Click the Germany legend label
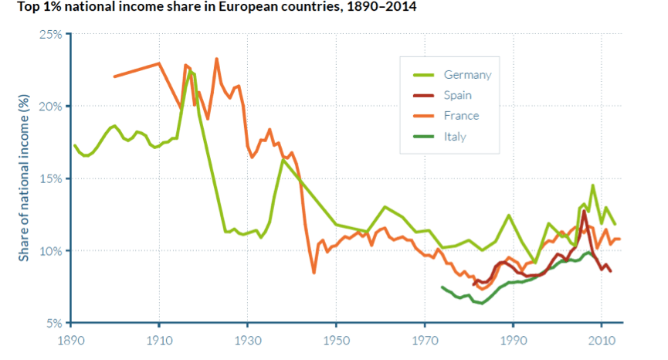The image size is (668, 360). (x=467, y=75)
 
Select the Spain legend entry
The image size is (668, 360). (x=457, y=96)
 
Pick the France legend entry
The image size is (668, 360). (x=461, y=116)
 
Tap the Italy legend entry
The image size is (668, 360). (x=455, y=137)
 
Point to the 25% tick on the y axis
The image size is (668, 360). (x=51, y=35)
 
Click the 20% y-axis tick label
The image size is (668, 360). (x=51, y=107)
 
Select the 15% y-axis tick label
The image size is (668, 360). (x=51, y=178)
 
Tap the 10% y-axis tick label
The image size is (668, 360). (x=51, y=251)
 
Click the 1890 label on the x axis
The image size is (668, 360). (x=71, y=341)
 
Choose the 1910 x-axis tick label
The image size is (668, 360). (x=159, y=341)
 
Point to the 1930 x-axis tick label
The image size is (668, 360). (x=247, y=341)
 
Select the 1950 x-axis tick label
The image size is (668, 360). (x=336, y=341)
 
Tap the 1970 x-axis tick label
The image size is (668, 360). (x=424, y=341)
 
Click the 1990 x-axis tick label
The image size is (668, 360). (x=512, y=341)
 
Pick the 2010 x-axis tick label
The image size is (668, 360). (x=601, y=341)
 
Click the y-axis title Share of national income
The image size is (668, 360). (x=24, y=178)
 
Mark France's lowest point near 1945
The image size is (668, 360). (x=314, y=272)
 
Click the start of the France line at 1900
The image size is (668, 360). (x=115, y=76)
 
